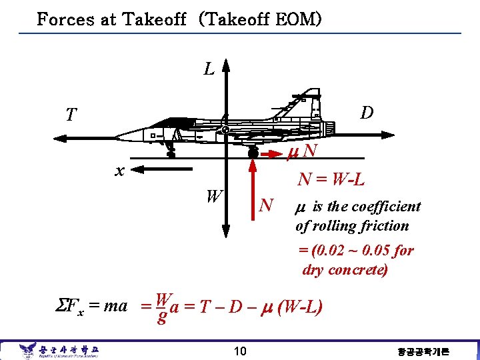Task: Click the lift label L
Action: pyautogui.click(x=209, y=69)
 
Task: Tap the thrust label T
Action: pyautogui.click(x=70, y=115)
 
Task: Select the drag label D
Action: pyautogui.click(x=366, y=112)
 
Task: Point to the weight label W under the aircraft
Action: pyautogui.click(x=213, y=197)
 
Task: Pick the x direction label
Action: pyautogui.click(x=119, y=171)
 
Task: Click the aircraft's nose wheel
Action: pyautogui.click(x=171, y=155)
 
